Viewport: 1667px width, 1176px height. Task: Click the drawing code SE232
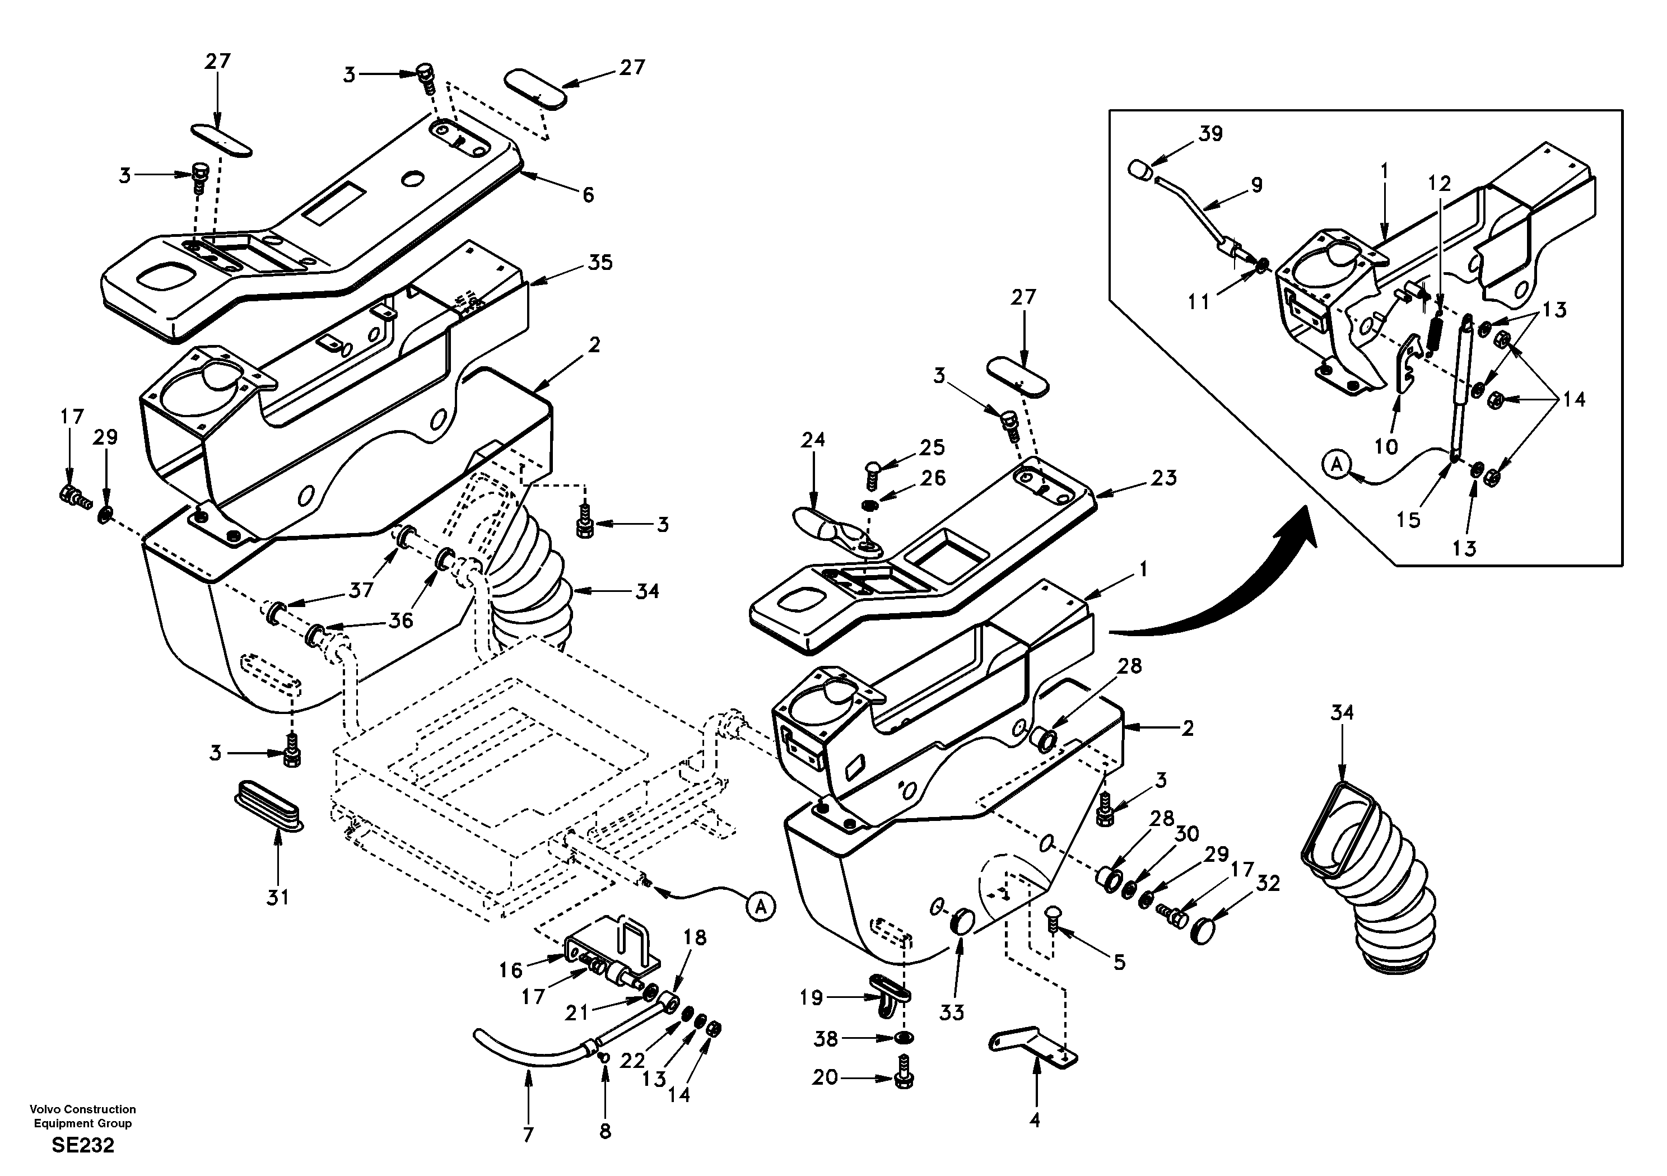coord(83,1146)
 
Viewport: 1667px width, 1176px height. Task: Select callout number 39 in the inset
coord(1210,134)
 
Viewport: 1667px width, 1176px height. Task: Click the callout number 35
coord(600,262)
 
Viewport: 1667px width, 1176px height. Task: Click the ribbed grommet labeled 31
coord(268,806)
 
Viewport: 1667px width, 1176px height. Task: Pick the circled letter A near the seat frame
coord(760,906)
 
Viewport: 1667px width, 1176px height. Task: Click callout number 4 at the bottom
coord(1035,1120)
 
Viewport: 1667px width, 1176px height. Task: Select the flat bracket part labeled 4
coord(1033,1049)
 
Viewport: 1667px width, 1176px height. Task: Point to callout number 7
coord(528,1134)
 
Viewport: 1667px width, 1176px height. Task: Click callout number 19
coord(811,997)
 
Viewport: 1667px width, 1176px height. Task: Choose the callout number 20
coord(825,1077)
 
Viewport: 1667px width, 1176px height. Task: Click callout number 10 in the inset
coord(1386,446)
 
